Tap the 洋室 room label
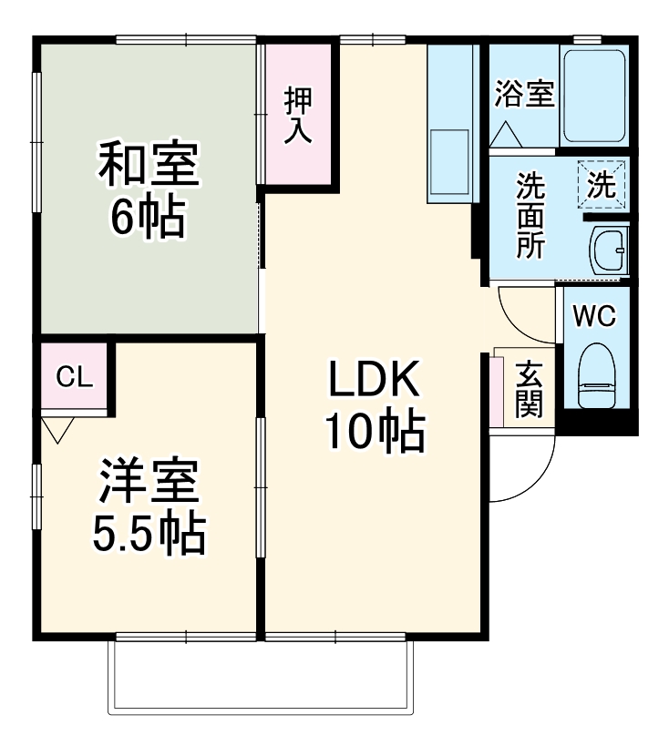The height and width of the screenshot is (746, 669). click(148, 485)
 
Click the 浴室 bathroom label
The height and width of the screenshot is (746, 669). click(524, 95)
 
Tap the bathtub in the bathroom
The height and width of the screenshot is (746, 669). click(592, 97)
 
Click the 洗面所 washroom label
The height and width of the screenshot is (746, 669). click(530, 216)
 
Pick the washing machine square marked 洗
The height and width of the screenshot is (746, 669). click(602, 185)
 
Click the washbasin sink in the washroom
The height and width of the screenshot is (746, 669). click(608, 250)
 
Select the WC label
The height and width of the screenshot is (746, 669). click(594, 316)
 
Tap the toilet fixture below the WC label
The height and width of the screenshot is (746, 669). click(598, 376)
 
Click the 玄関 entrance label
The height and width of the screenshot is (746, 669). click(528, 390)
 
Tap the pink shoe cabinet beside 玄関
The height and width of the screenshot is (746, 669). click(497, 391)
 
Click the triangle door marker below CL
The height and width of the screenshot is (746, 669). click(58, 429)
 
